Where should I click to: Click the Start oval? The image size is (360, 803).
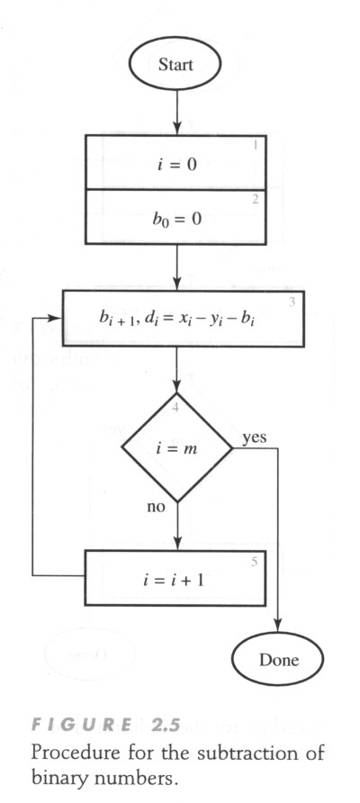(175, 65)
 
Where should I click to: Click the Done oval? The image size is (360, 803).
(277, 659)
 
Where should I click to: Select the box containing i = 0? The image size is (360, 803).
(175, 162)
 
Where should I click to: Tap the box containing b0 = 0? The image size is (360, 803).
(175, 217)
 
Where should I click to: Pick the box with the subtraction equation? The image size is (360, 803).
(184, 318)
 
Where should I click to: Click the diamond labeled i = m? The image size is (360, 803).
(176, 447)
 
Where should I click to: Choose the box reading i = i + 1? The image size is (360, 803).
(175, 578)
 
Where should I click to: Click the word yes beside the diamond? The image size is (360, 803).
(254, 438)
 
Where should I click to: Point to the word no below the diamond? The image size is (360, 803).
(156, 508)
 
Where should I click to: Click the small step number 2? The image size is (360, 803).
(256, 199)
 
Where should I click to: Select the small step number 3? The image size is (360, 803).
(292, 302)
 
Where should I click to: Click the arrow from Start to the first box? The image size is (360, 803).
(176, 113)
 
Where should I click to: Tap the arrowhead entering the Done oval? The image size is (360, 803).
(277, 627)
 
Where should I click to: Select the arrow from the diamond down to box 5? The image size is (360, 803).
(176, 527)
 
